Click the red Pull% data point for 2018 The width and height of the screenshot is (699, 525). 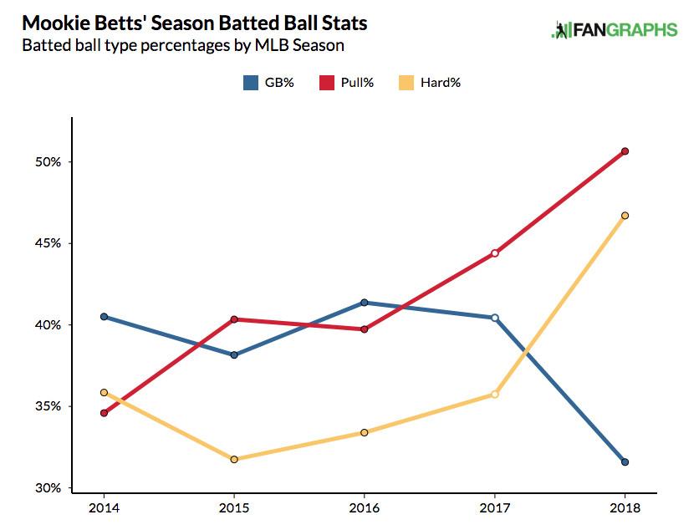(x=625, y=151)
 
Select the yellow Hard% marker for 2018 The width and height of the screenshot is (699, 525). (x=625, y=216)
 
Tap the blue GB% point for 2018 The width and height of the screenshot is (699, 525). (x=625, y=462)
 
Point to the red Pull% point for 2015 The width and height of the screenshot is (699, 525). (x=234, y=319)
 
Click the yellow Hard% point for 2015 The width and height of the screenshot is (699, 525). (x=234, y=459)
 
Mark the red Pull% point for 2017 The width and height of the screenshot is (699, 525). (x=495, y=253)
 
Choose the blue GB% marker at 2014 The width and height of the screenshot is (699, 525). (x=104, y=317)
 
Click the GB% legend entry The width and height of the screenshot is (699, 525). (x=268, y=82)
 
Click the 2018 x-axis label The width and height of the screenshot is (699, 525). (x=625, y=507)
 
